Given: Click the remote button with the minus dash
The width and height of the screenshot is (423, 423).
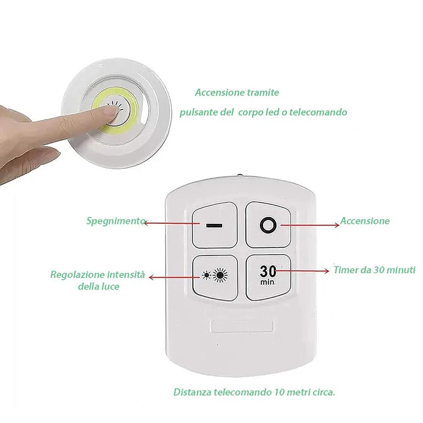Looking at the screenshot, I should [x=215, y=225].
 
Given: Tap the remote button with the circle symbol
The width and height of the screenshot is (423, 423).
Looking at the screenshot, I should [x=268, y=225].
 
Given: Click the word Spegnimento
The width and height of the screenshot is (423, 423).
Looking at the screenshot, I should [x=115, y=221].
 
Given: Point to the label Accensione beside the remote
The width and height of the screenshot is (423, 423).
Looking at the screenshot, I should [x=365, y=221].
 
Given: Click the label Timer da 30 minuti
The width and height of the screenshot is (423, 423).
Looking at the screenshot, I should [x=374, y=270].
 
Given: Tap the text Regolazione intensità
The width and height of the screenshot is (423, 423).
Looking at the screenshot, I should [x=97, y=275].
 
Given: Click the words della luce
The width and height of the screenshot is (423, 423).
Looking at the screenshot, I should [x=98, y=286].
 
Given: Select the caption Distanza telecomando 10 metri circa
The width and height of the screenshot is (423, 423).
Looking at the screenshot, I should [x=254, y=392].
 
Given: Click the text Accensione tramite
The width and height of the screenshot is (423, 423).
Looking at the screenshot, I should [x=237, y=93].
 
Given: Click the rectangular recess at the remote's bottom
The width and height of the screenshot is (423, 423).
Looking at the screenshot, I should [x=242, y=327].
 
